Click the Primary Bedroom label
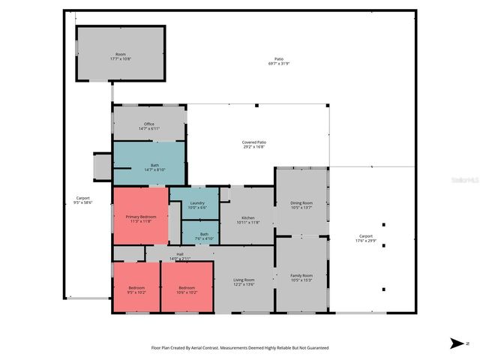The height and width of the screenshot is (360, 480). pyautogui.click(x=141, y=218)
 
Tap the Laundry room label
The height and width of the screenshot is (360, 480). pyautogui.click(x=197, y=205)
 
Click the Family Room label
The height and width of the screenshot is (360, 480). pyautogui.click(x=301, y=277)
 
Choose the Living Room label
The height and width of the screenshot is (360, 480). pyautogui.click(x=244, y=282)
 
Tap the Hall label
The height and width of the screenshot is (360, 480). pyautogui.click(x=180, y=256)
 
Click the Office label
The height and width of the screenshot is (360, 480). pyautogui.click(x=148, y=126)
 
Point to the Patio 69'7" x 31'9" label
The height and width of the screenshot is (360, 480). pyautogui.click(x=278, y=61)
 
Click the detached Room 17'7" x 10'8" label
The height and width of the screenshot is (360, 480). pyautogui.click(x=120, y=56)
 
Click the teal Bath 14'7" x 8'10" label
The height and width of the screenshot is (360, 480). pyautogui.click(x=154, y=167)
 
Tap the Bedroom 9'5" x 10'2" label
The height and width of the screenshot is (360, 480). pyautogui.click(x=136, y=289)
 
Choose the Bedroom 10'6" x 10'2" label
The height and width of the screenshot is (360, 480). pyautogui.click(x=187, y=289)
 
